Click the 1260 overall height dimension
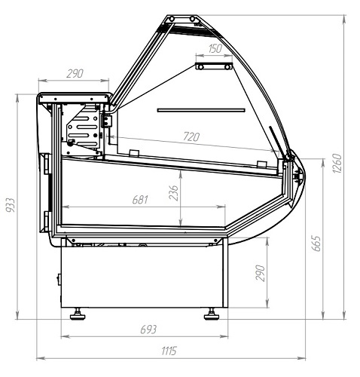(337, 163)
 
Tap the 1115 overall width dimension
(169, 351)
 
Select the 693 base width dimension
(148, 329)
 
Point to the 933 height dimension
(11, 205)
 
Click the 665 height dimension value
(316, 243)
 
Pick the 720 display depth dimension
(191, 136)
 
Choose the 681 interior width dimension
(140, 200)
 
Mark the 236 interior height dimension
(173, 193)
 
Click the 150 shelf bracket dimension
(215, 48)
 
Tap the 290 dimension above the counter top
(75, 74)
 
